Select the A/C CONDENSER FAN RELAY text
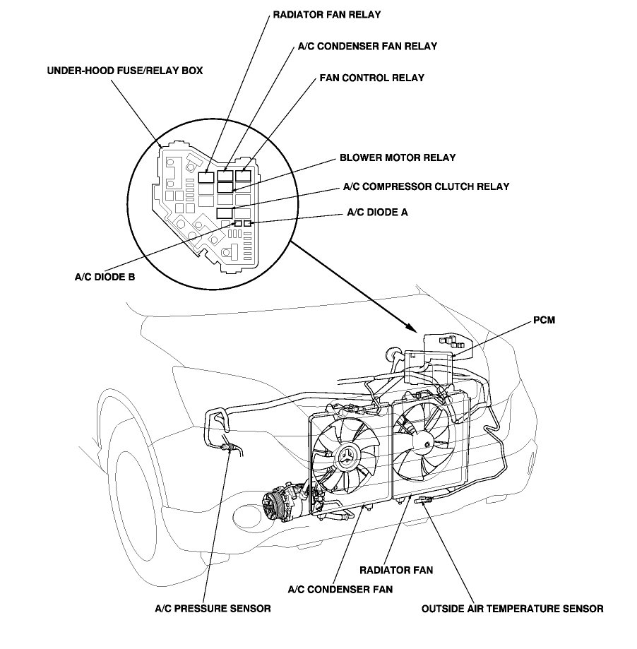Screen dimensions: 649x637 (x=364, y=46)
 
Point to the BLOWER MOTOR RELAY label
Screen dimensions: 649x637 (x=397, y=157)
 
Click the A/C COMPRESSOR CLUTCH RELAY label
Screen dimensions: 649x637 (x=426, y=186)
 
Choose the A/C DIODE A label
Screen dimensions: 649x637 (x=377, y=211)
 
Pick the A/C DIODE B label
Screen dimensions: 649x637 (x=105, y=277)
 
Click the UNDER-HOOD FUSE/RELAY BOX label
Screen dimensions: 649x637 (x=115, y=71)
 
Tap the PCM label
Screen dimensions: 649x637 (x=544, y=320)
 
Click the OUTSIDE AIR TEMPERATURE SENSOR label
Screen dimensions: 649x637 (x=512, y=607)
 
